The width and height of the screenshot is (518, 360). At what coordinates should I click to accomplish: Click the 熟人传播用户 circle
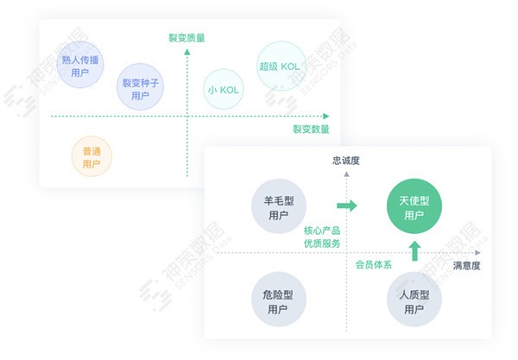[80, 65]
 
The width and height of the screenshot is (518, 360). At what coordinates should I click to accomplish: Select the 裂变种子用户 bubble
[141, 87]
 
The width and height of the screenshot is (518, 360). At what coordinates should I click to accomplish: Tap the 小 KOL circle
[224, 89]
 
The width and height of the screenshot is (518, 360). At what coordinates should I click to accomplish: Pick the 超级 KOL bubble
[281, 66]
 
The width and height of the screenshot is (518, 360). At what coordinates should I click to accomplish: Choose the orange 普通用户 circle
[92, 156]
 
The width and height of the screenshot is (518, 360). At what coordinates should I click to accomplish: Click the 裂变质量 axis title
[186, 38]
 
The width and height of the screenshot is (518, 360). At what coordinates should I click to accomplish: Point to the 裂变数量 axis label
[311, 129]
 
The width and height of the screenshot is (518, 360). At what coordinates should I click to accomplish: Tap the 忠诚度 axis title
[346, 161]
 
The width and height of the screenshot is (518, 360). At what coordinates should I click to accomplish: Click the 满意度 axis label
[466, 266]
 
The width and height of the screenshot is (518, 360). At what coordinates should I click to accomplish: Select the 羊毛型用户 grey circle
[279, 206]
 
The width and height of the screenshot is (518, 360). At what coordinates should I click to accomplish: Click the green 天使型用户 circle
[414, 206]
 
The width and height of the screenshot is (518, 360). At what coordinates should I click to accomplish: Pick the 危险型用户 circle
[279, 300]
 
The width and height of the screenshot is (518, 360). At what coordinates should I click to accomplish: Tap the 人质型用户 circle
[414, 300]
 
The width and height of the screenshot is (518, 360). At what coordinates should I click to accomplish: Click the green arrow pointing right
[347, 205]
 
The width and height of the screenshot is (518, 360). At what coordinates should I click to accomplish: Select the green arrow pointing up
[415, 251]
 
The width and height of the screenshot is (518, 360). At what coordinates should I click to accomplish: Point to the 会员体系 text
[374, 264]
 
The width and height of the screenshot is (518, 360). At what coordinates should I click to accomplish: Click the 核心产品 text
[322, 231]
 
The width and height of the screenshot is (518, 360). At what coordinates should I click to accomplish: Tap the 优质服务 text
[322, 243]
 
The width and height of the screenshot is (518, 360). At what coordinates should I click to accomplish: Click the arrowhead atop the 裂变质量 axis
[187, 52]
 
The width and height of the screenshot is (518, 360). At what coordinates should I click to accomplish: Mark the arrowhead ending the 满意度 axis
[477, 253]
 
